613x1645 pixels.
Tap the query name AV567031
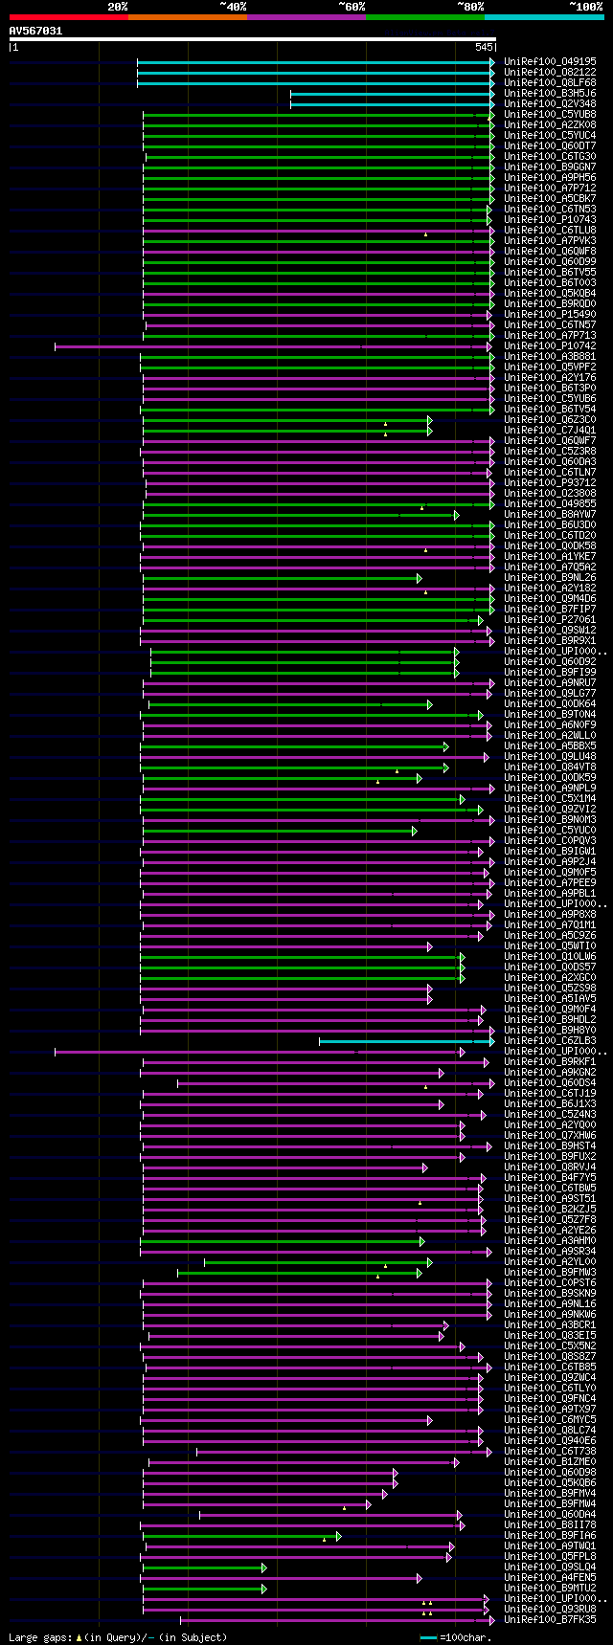coord(35,31)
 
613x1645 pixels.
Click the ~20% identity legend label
coord(117,7)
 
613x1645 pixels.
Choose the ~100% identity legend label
coord(585,7)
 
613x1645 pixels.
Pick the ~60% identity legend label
coord(352,7)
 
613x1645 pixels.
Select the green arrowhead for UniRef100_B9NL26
coord(419,578)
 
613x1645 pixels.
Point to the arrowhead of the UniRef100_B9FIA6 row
coord(338,1536)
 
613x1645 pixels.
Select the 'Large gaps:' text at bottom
coord(38,1637)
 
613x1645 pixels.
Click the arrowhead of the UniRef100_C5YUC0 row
coord(414,831)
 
